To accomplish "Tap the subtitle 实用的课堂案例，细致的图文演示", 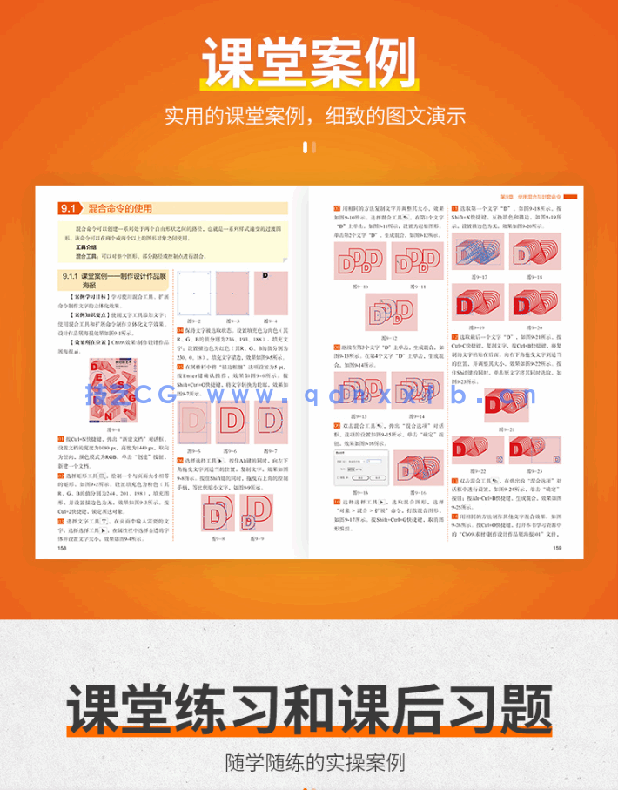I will [308, 116].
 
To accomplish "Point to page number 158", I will [61, 548].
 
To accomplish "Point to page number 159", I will [555, 548].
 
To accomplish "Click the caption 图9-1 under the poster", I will [112, 429].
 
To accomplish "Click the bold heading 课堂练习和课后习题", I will [308, 710].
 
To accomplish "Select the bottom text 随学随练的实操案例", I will [308, 764].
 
